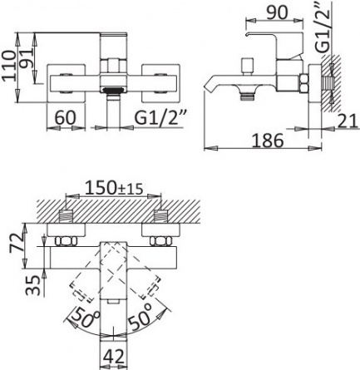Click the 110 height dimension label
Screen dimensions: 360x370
click(9, 65)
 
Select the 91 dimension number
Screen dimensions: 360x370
click(27, 58)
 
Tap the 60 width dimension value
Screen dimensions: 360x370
click(65, 117)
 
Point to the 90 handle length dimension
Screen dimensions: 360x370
click(277, 12)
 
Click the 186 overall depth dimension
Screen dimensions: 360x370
click(268, 141)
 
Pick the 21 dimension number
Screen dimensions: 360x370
click(348, 121)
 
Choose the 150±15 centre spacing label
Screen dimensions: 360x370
click(114, 188)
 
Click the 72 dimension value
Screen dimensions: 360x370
click(16, 243)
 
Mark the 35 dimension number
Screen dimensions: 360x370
click(32, 285)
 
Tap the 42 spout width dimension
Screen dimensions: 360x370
click(114, 356)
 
